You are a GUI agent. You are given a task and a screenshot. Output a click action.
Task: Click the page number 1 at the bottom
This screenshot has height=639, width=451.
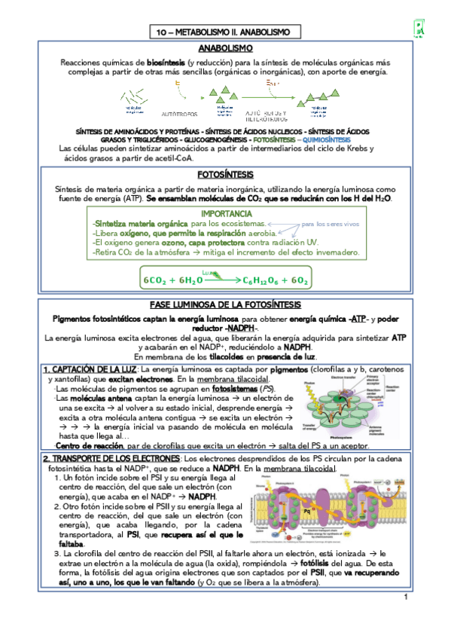tap(404, 619)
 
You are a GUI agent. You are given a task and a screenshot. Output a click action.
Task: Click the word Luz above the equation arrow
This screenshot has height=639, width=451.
tap(208, 272)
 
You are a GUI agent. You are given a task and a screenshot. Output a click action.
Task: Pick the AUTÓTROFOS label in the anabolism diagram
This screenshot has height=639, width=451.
tap(180, 114)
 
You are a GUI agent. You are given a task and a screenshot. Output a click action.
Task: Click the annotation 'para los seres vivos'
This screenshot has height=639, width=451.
tap(331, 225)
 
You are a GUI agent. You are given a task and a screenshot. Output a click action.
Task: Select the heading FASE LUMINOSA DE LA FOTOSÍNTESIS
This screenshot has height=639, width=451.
tap(225, 304)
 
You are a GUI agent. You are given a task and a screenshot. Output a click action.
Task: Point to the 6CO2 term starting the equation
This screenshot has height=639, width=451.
tap(155, 281)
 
